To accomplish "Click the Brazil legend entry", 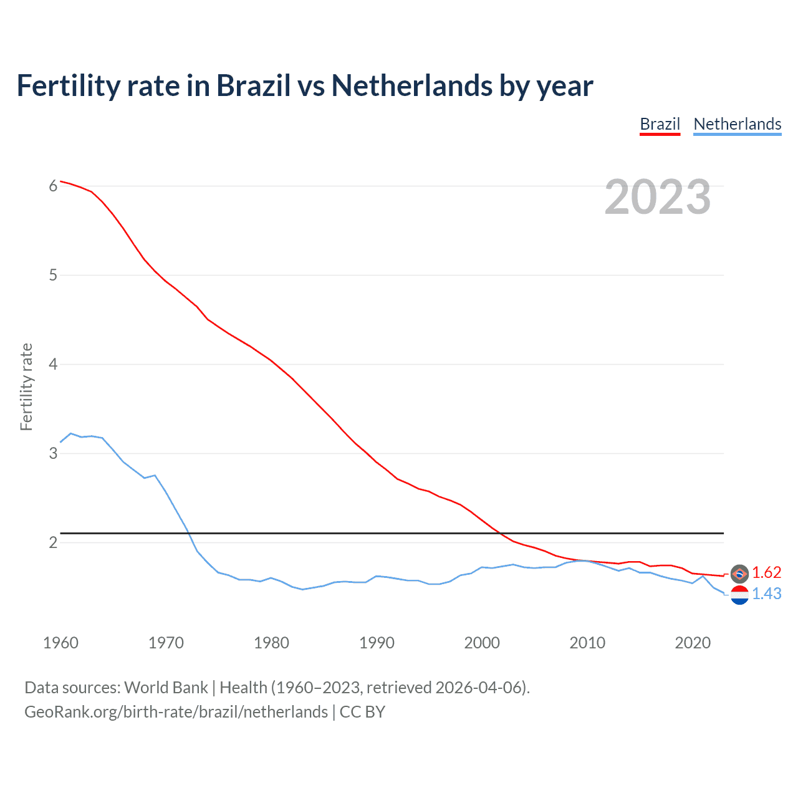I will (x=660, y=124).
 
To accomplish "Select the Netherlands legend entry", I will (x=737, y=124).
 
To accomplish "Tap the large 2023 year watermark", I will (x=657, y=197).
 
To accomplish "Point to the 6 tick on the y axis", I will (x=53, y=186).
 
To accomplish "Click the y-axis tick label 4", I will (x=53, y=364).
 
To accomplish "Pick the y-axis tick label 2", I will (x=53, y=542).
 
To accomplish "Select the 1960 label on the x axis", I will (x=60, y=643).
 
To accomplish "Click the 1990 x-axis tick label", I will (x=377, y=643).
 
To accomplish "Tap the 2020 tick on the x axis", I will (x=693, y=643).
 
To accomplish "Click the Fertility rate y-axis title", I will (x=26, y=387).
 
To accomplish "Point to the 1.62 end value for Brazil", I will (x=766, y=572).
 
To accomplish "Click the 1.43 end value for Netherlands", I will (x=766, y=594).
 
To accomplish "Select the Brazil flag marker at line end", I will (x=739, y=573).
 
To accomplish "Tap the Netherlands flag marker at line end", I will (x=739, y=595).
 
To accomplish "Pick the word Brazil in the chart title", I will (x=253, y=85).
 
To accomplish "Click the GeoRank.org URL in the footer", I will (x=176, y=711).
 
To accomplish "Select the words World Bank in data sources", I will (x=166, y=687).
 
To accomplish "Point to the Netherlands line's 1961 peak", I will (x=71, y=433).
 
